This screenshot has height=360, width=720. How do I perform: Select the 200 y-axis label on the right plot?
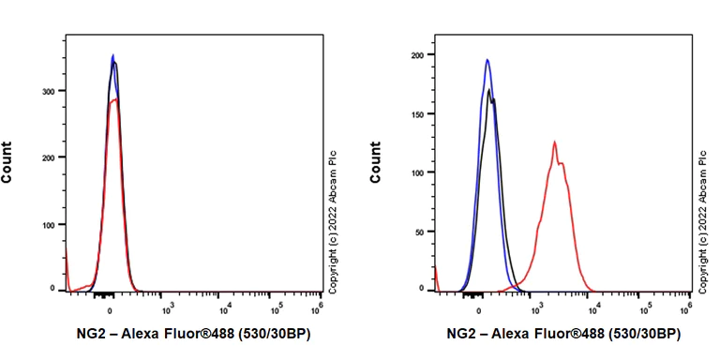point(419,54)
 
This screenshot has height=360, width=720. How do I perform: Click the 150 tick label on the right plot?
point(419,113)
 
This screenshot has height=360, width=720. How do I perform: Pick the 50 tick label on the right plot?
point(422,232)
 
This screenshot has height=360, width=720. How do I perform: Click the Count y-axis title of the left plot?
point(8,161)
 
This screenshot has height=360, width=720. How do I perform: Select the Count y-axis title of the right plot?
point(376,161)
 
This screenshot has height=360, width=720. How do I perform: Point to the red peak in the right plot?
point(554,142)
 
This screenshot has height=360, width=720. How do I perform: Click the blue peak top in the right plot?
point(487,60)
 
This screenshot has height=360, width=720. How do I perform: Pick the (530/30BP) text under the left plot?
point(276,334)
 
